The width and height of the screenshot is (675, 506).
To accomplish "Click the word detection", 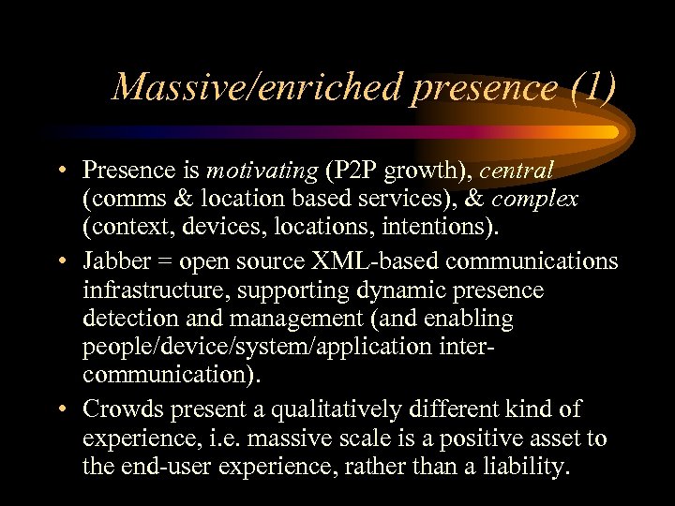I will (122, 320).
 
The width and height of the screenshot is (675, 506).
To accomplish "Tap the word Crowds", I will (117, 409).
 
